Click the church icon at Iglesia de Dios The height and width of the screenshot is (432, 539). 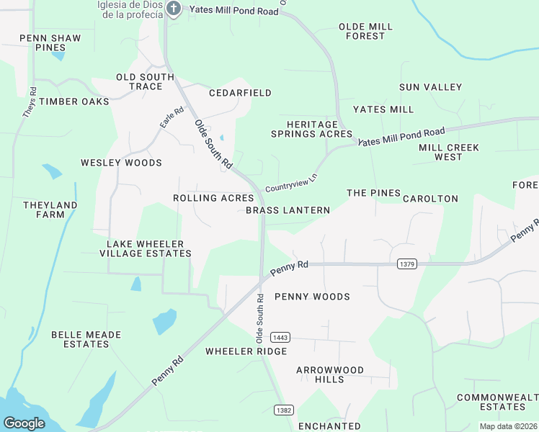coord(173,8)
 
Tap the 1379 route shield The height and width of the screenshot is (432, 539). coord(406,264)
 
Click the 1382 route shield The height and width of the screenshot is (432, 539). coord(283,410)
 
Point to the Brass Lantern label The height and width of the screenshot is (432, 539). coord(288,210)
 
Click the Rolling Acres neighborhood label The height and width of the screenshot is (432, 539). coord(213,198)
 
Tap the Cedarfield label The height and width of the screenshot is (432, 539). coord(240,93)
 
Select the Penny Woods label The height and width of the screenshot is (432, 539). coord(312,297)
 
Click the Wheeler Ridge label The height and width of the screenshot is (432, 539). coord(246,351)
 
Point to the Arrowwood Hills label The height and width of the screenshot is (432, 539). coord(330,374)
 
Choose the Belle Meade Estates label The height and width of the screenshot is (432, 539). coord(86,339)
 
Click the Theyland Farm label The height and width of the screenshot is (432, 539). coord(50,210)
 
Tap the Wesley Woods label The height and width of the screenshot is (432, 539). coord(121,163)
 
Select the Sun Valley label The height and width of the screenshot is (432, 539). coord(430,87)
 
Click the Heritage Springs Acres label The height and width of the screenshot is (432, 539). coord(311,129)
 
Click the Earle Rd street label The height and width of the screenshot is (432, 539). coord(172,118)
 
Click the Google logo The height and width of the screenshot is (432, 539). coord(24,423)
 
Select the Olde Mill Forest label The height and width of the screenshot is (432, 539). coord(365,31)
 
